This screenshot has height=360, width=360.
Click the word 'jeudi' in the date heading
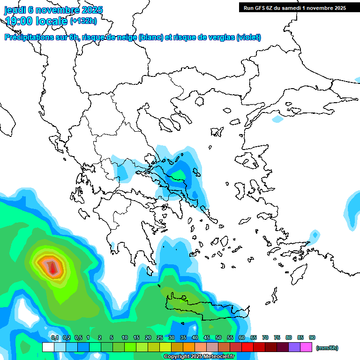coord(15,10)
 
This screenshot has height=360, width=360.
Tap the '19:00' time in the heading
coord(20,21)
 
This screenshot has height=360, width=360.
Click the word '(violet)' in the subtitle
coord(248,37)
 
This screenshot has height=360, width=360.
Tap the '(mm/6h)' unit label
coord(327,348)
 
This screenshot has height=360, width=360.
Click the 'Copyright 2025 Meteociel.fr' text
coord(199,357)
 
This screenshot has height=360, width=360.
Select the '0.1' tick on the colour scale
coord(54,337)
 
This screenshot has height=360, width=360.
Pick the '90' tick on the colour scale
coord(312,337)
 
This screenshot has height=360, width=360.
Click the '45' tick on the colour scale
coord(207,337)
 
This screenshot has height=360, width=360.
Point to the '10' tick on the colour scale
coord(125,337)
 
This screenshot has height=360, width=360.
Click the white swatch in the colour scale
coord(48,347)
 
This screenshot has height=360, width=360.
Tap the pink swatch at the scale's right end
coord(306,347)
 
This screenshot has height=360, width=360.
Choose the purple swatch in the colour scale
coord(294,347)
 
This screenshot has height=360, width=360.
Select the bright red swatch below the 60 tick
coord(247,347)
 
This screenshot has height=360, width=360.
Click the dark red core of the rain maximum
coord(53,269)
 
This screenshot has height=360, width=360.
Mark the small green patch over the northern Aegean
coord(179,175)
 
